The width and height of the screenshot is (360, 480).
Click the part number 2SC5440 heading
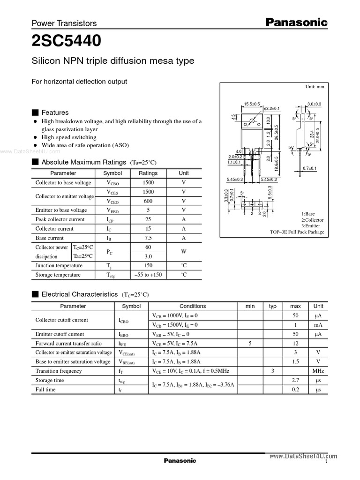[66, 41]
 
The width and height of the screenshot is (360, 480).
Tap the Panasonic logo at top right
[297, 22]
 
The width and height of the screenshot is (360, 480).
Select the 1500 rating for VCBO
[148, 182]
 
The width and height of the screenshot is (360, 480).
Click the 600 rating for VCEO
[148, 201]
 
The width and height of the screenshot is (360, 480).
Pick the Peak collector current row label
[60, 219]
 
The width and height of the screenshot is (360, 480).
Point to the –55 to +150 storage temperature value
[148, 275]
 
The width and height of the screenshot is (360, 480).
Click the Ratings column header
[148, 173]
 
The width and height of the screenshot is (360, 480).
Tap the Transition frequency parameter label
[59, 371]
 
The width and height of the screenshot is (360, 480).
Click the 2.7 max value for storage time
[296, 380]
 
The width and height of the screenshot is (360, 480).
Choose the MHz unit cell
[318, 371]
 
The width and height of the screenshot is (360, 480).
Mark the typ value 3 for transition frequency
[272, 371]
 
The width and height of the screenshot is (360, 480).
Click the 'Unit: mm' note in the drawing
[315, 87]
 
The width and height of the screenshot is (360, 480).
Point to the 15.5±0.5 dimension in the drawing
[252, 104]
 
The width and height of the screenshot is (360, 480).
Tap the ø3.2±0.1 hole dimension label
[272, 108]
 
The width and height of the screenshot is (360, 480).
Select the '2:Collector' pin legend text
[312, 220]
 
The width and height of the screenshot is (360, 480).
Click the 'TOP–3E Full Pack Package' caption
[297, 232]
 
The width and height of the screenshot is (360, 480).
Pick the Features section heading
[55, 112]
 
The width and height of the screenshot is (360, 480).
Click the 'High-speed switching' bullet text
[69, 137]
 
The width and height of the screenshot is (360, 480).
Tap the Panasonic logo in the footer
[180, 461]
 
